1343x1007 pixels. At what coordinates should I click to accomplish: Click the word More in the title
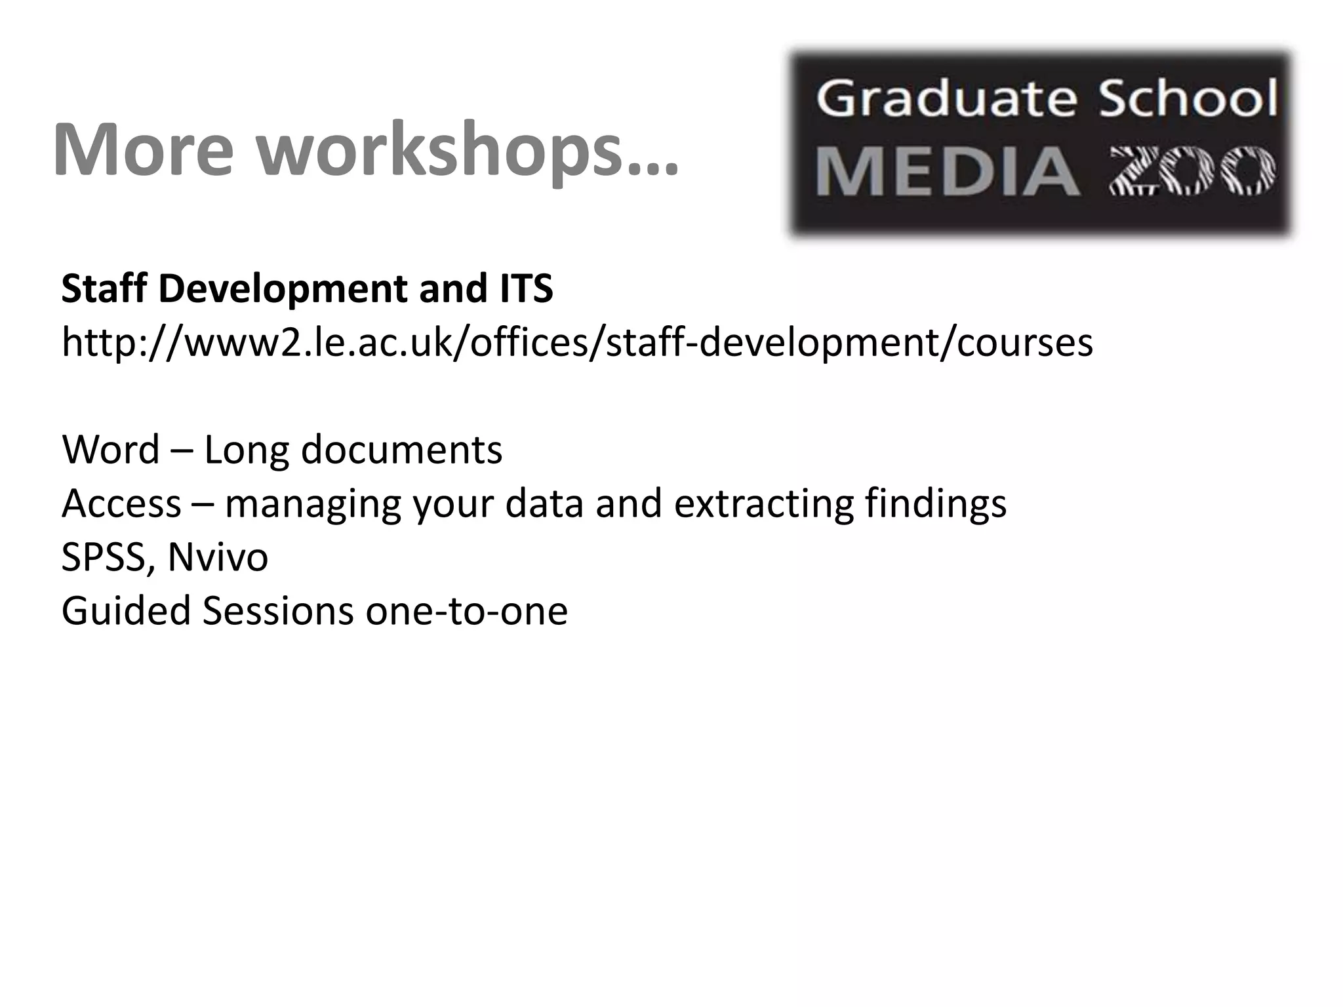tap(143, 149)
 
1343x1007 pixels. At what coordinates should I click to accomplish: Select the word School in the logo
tap(1188, 100)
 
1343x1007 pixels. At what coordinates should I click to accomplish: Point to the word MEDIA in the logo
tap(948, 172)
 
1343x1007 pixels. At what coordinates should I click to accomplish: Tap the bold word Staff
tap(104, 288)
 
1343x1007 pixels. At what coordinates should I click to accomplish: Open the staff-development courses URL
tap(577, 342)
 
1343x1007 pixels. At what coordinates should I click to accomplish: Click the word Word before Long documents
tap(111, 450)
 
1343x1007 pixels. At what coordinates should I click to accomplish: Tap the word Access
tap(121, 503)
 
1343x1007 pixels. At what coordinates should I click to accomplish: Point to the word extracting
tap(763, 503)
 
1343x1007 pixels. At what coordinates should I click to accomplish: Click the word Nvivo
tap(218, 557)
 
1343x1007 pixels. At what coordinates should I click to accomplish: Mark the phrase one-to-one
tap(466, 611)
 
